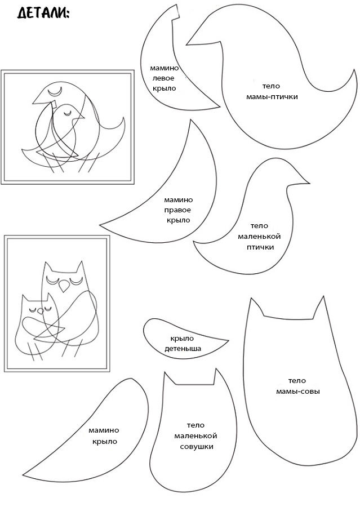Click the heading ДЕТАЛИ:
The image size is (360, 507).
pyautogui.click(x=43, y=13)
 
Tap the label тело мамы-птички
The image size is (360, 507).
pyautogui.click(x=272, y=91)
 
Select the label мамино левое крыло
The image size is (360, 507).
pyautogui.click(x=164, y=78)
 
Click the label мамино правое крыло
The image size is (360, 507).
pyautogui.click(x=178, y=210)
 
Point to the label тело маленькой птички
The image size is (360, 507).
pyautogui.click(x=259, y=237)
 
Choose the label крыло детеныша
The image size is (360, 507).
pyautogui.click(x=183, y=344)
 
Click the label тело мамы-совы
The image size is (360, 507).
pyautogui.click(x=297, y=386)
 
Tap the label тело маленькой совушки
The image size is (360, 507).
pyautogui.click(x=195, y=436)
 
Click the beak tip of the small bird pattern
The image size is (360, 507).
pyautogui.click(x=309, y=183)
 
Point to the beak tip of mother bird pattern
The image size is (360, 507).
pyautogui.click(x=186, y=45)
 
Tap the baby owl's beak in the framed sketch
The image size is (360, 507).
pyautogui.click(x=41, y=312)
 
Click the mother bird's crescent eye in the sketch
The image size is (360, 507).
pyautogui.click(x=55, y=91)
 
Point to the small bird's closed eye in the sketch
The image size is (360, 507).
pyautogui.click(x=67, y=113)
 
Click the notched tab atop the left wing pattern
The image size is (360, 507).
pyautogui.click(x=175, y=13)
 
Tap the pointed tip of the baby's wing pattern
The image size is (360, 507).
pyautogui.click(x=228, y=340)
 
